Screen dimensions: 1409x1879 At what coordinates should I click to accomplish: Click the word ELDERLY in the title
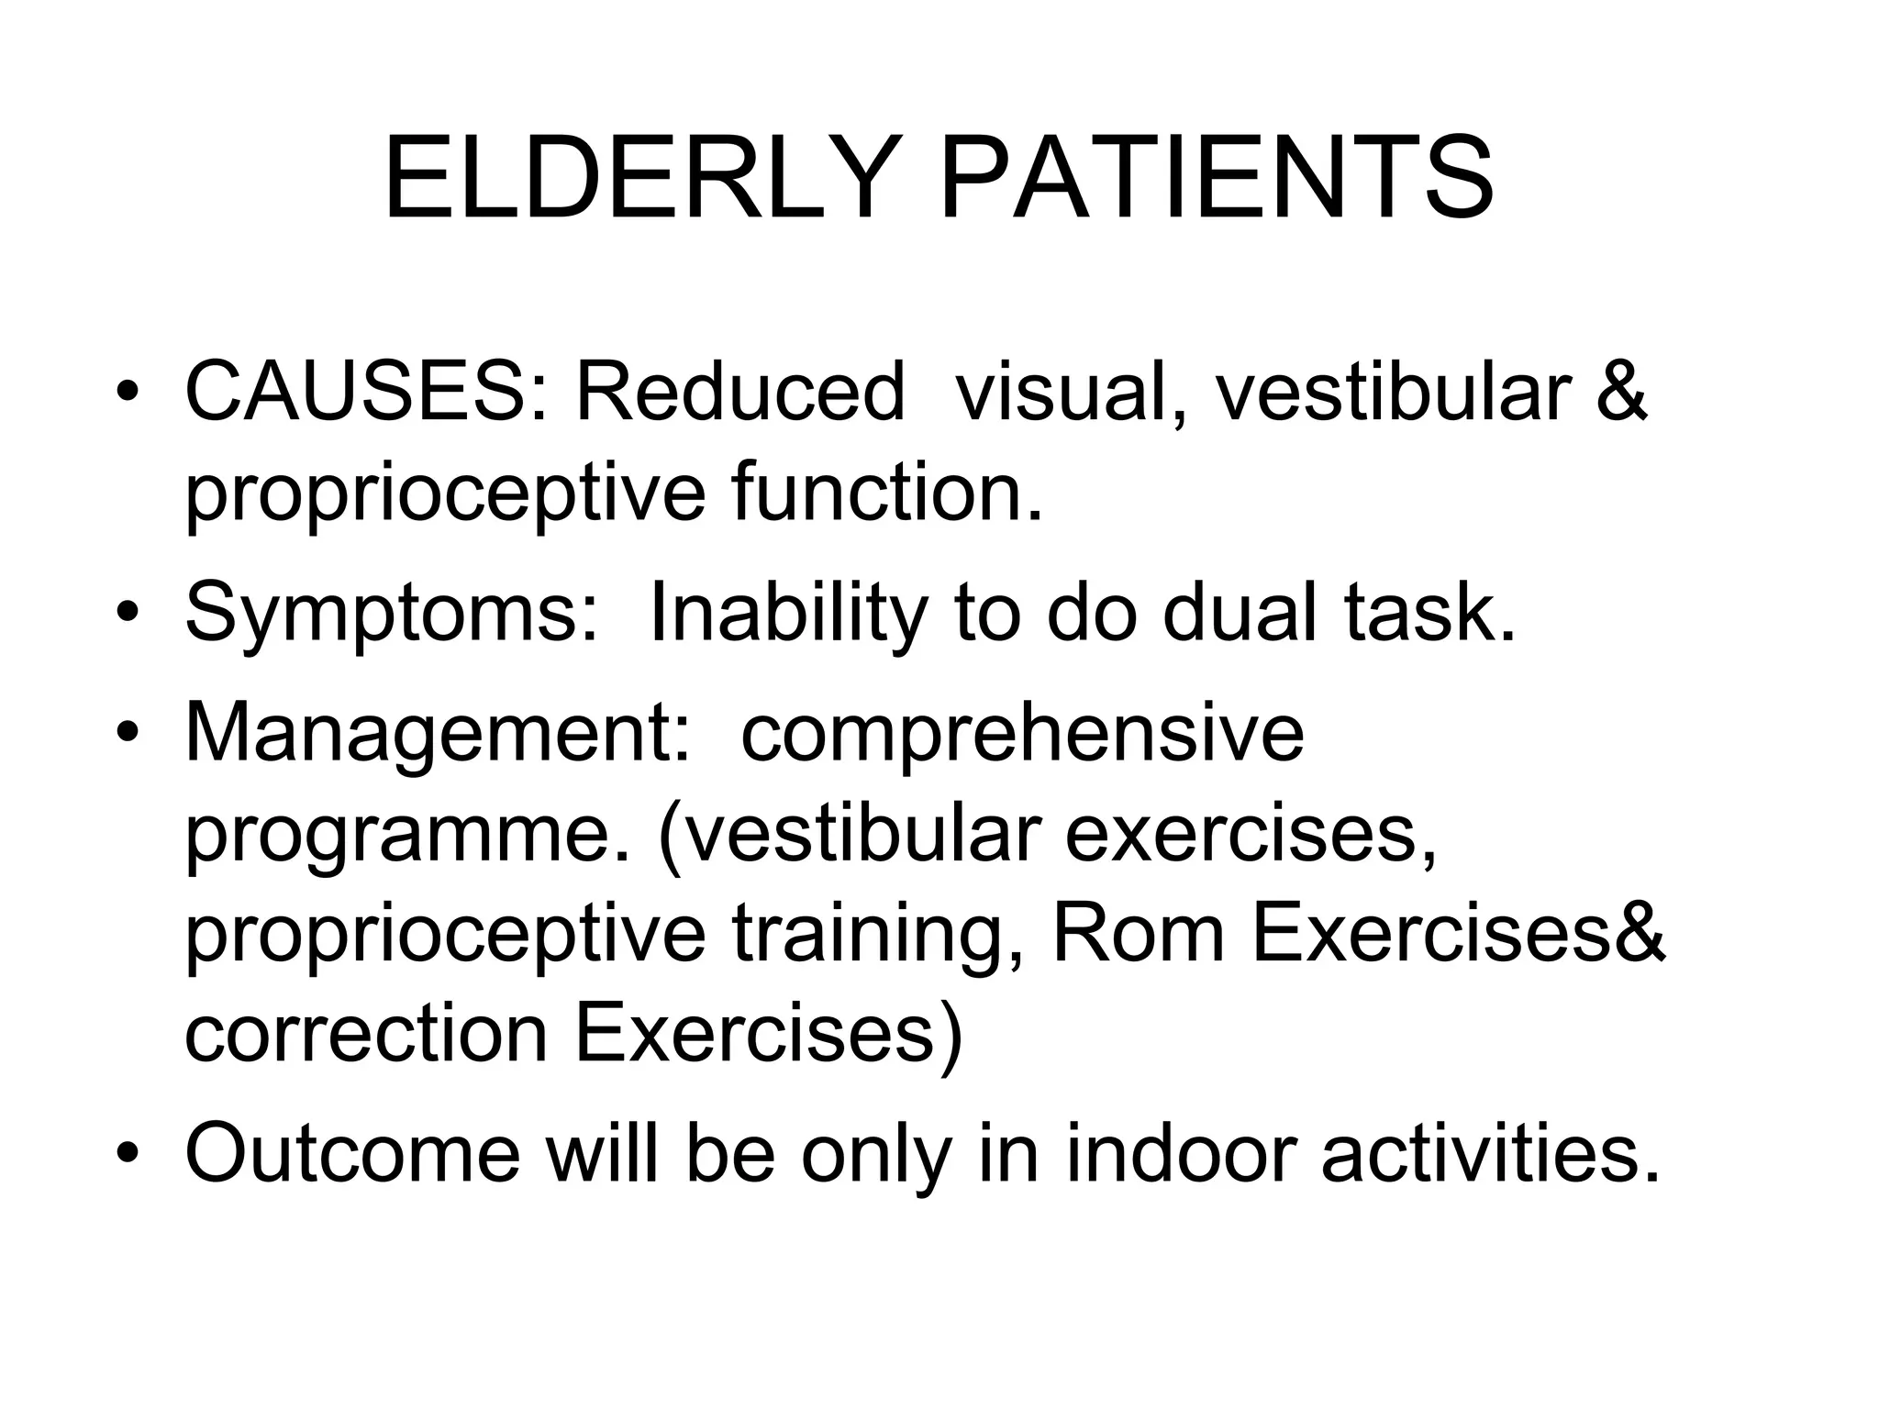(x=639, y=179)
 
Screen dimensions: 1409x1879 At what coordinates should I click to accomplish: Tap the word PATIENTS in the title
(x=1217, y=179)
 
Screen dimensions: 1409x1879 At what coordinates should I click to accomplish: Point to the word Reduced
(x=739, y=393)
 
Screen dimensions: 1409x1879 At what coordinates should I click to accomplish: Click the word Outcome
(x=353, y=1154)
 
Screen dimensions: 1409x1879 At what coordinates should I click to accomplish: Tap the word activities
(x=1492, y=1154)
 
